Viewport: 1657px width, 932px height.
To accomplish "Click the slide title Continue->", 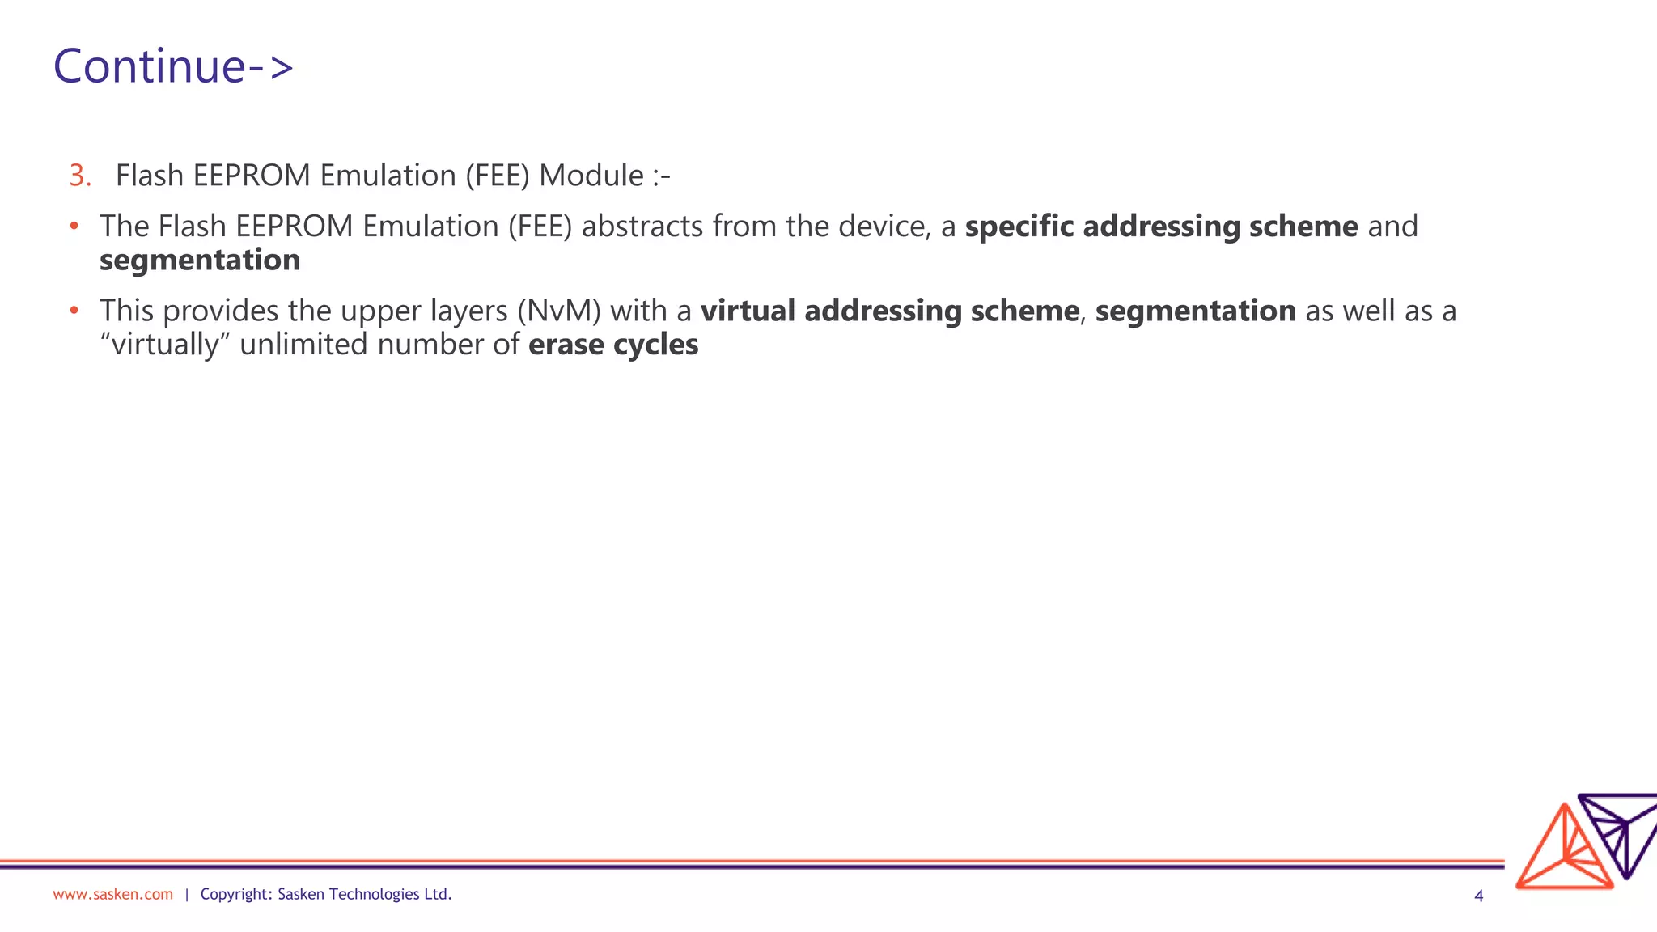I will point(173,66).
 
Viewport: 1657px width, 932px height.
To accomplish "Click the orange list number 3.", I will point(80,176).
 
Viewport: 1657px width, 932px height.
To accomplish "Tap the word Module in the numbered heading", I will point(591,176).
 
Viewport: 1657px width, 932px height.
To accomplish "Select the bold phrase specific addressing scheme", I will point(1161,227).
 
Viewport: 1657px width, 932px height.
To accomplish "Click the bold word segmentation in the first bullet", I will point(200,261).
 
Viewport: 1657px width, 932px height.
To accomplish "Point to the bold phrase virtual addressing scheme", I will point(889,311).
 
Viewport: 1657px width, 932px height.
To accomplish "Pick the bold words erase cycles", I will point(613,345).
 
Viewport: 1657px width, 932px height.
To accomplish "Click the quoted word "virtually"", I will point(165,345).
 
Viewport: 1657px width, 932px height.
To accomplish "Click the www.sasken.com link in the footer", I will point(112,894).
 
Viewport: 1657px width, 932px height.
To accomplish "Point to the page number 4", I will point(1479,896).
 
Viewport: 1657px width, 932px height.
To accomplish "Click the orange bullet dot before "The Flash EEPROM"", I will point(74,227).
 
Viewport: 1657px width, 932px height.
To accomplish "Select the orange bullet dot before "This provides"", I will point(74,311).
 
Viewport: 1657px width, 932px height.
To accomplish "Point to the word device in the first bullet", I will point(882,227).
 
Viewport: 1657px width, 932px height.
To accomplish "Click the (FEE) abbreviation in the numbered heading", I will point(498,176).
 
